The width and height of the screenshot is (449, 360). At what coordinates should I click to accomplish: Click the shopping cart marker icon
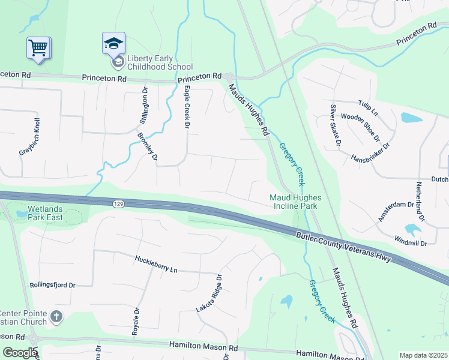pyautogui.click(x=38, y=47)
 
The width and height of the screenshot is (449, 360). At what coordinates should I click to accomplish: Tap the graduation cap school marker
pyautogui.click(x=113, y=43)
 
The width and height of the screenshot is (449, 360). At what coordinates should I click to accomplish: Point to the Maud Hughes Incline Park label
pyautogui.click(x=295, y=202)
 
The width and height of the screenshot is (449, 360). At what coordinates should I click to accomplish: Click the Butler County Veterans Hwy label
pyautogui.click(x=343, y=246)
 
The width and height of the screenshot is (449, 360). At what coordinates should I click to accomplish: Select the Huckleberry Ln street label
pyautogui.click(x=156, y=265)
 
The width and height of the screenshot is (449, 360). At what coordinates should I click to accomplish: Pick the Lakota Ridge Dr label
pyautogui.click(x=208, y=293)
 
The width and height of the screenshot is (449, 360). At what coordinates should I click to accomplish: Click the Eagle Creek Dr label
pyautogui.click(x=187, y=107)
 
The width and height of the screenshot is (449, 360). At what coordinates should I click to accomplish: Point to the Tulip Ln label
pyautogui.click(x=368, y=108)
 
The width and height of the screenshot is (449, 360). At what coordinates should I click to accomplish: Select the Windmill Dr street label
pyautogui.click(x=411, y=243)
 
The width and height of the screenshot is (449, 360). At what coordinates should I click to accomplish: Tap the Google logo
pyautogui.click(x=20, y=353)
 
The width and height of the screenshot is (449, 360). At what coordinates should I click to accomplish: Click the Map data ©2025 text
pyautogui.click(x=423, y=355)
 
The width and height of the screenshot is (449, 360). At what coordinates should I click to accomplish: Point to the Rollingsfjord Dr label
pyautogui.click(x=52, y=286)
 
